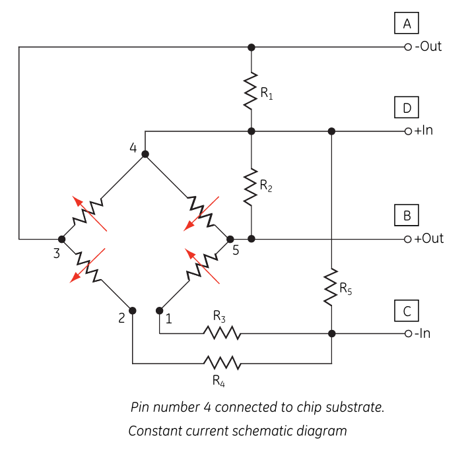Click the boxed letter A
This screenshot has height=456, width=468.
[x=407, y=23]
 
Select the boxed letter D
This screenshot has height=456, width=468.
[x=407, y=108]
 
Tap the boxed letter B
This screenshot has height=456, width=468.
[x=407, y=215]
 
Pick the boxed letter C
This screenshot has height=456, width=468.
[x=407, y=311]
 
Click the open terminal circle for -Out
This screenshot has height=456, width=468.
[x=408, y=47]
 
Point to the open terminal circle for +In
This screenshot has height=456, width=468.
[x=408, y=131]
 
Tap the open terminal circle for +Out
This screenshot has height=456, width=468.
[x=408, y=239]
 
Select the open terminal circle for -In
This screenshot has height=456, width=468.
[x=408, y=333]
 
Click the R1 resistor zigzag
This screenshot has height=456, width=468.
[x=251, y=90]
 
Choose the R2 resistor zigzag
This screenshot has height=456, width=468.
[x=251, y=187]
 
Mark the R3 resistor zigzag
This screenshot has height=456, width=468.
[x=222, y=333]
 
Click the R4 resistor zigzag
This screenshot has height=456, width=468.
[x=222, y=363]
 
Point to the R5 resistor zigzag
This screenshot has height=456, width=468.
[x=331, y=287]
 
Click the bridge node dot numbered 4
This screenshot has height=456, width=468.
[x=145, y=154]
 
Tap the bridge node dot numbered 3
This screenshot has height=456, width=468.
[x=62, y=239]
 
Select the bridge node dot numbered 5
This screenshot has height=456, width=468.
[x=230, y=239]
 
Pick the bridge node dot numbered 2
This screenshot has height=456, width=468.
[x=133, y=311]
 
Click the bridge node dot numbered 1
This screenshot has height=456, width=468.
[x=159, y=311]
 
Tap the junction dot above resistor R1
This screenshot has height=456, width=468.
[x=251, y=47]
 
